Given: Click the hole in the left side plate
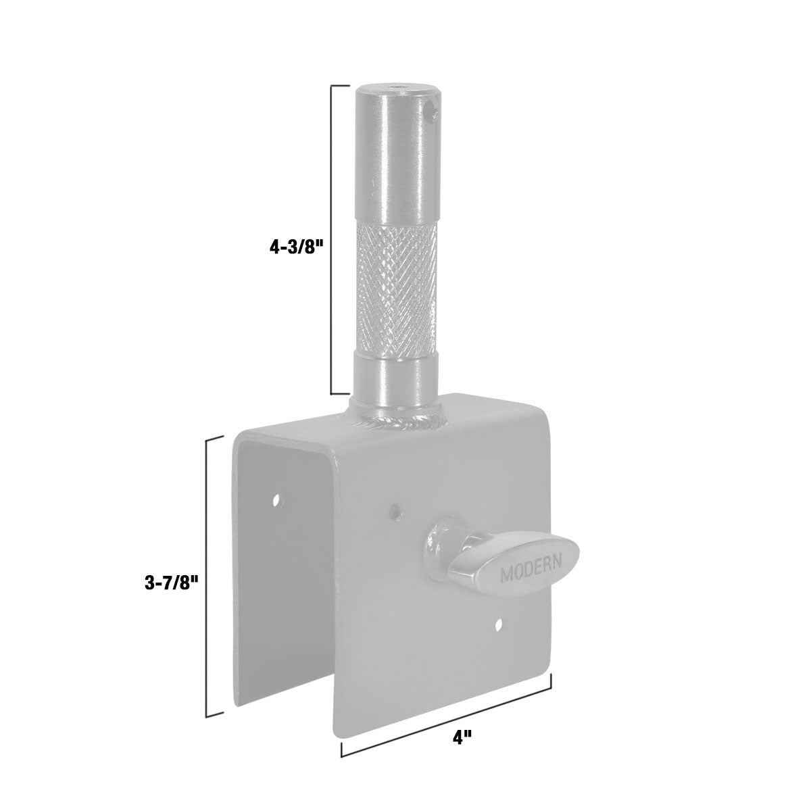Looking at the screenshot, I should coord(277,500).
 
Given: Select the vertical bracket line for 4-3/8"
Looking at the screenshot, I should coord(332,240).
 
